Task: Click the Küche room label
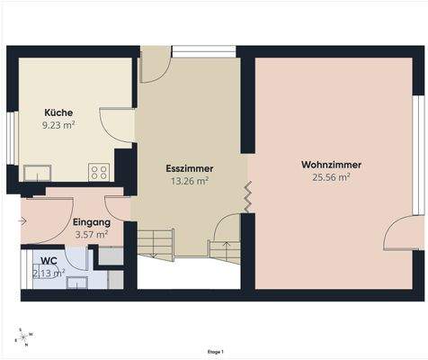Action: tap(59, 112)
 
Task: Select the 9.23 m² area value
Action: tap(59, 126)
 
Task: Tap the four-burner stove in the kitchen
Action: tap(99, 172)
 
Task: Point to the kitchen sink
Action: tap(38, 172)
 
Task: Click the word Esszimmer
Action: tap(189, 168)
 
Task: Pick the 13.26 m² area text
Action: tap(189, 181)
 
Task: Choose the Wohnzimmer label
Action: tap(331, 166)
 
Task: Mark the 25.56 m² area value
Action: tap(331, 178)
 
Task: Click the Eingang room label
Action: tap(91, 221)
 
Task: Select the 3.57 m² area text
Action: tap(91, 234)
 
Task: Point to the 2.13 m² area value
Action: tap(49, 273)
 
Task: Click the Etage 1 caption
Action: tap(215, 352)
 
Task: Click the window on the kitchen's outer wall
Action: tap(11, 139)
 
